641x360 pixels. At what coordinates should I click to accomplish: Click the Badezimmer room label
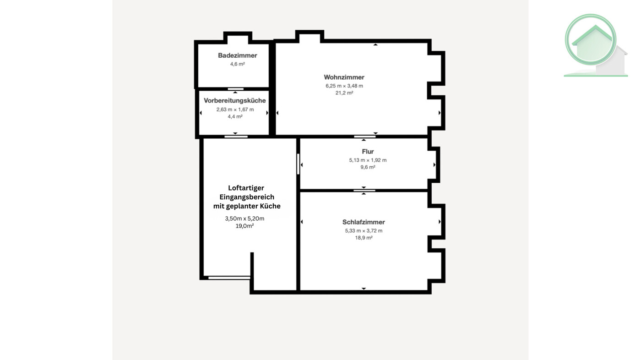(238, 55)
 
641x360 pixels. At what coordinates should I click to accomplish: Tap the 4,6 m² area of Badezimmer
(238, 64)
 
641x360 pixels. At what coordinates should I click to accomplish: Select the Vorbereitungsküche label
(234, 100)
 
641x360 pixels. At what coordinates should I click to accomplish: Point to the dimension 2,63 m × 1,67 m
(235, 109)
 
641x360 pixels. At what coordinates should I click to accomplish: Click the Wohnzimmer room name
(344, 77)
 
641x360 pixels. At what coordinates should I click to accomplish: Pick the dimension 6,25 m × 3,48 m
(344, 86)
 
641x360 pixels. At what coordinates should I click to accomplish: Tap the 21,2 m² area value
(344, 93)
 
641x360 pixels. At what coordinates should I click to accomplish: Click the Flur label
(368, 152)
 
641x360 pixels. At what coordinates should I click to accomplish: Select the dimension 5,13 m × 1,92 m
(368, 160)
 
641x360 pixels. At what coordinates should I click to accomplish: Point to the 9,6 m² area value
(368, 167)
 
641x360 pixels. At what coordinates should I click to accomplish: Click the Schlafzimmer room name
(364, 222)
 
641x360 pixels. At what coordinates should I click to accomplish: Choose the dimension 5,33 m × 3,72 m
(364, 230)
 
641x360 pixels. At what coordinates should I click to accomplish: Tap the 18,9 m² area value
(364, 238)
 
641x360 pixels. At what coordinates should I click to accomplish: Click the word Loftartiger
(246, 188)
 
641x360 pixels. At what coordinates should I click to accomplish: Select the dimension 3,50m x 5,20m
(244, 218)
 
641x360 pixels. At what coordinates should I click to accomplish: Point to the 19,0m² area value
(244, 226)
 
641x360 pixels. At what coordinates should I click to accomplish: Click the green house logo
(596, 45)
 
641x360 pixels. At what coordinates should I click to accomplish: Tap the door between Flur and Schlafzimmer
(364, 190)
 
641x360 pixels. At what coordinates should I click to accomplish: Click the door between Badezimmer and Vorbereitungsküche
(235, 89)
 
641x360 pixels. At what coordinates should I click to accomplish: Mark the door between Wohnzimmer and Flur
(364, 136)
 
